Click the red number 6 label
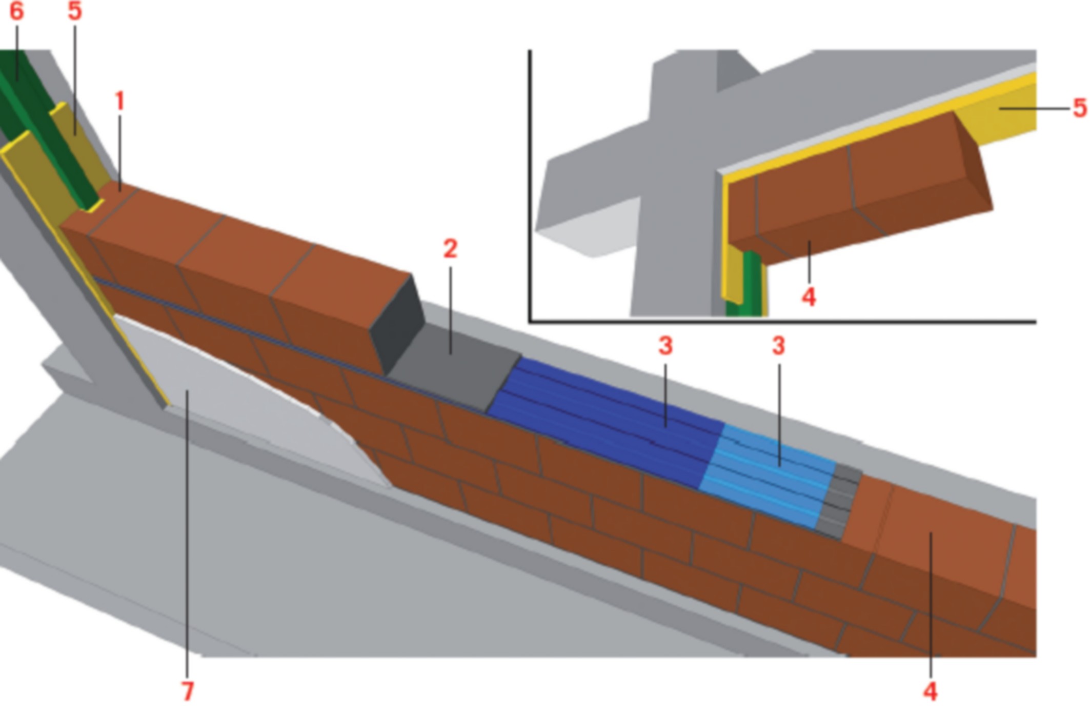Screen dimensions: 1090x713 pos(16,11)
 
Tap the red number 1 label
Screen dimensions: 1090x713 pos(120,101)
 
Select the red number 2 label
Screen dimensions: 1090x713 pos(450,249)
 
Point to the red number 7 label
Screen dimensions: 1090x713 pos(188,691)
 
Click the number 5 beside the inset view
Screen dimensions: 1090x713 pos(1080,108)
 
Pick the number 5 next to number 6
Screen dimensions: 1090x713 pos(75,11)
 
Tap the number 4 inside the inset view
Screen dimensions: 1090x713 pos(809,297)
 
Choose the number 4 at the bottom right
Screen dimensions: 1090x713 pos(931,691)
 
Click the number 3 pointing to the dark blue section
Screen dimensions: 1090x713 pos(665,346)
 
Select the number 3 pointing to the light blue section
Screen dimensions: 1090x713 pos(778,346)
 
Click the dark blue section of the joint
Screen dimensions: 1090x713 pos(605,421)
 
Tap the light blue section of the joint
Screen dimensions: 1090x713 pos(769,474)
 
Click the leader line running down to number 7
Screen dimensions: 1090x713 pos(188,533)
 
